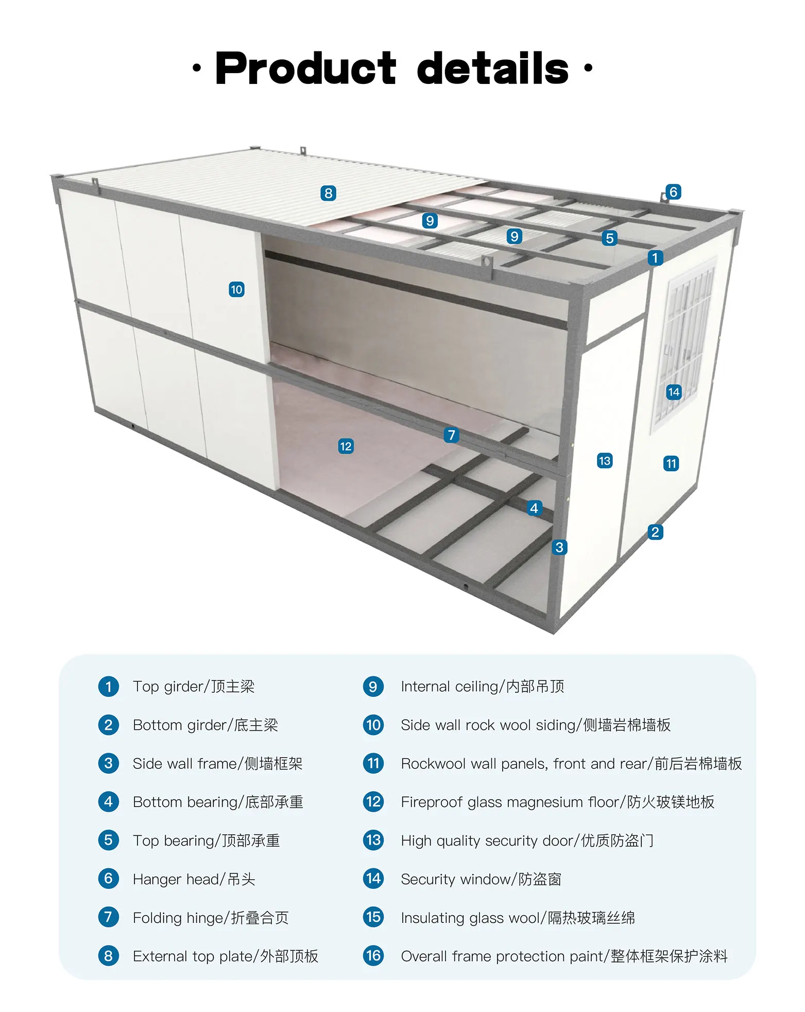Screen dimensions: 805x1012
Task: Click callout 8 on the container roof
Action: pyautogui.click(x=328, y=193)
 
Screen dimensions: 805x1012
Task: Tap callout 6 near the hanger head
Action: pyautogui.click(x=673, y=192)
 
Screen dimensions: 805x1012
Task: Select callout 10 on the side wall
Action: pyautogui.click(x=236, y=289)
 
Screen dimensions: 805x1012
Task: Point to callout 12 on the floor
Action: pyautogui.click(x=346, y=446)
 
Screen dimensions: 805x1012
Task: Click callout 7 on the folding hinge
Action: pyautogui.click(x=452, y=435)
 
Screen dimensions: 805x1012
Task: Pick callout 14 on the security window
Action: pyautogui.click(x=674, y=392)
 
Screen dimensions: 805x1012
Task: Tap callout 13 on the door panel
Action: pyautogui.click(x=605, y=460)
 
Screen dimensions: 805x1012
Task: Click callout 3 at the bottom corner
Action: pyautogui.click(x=559, y=547)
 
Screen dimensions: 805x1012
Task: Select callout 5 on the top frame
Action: pyautogui.click(x=610, y=238)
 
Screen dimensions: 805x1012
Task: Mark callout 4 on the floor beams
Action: pyautogui.click(x=534, y=508)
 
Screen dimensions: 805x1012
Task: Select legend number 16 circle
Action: pyautogui.click(x=373, y=956)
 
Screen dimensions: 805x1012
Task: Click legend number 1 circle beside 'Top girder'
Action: pyautogui.click(x=108, y=687)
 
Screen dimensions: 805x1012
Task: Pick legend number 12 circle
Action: pyautogui.click(x=373, y=802)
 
